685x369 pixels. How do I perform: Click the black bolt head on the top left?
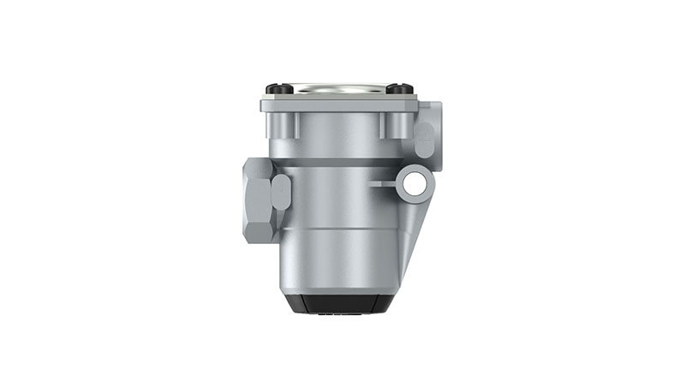(x=275, y=89)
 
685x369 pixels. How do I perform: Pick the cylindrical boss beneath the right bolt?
(x=391, y=127)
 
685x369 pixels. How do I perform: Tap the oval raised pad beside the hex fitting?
(x=280, y=192)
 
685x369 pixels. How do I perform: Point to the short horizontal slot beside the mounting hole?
(x=383, y=182)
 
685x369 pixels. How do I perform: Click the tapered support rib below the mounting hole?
(x=413, y=227)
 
